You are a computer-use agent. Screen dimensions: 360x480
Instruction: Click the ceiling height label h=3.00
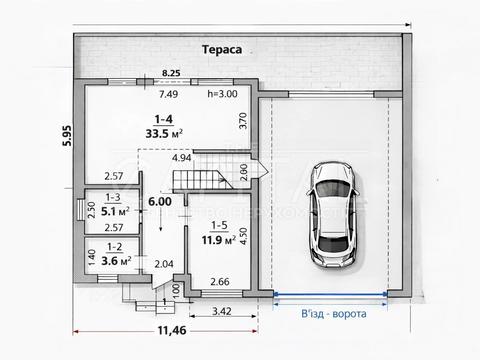[x=221, y=94]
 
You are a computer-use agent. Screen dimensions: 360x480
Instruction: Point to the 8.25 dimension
[x=172, y=73]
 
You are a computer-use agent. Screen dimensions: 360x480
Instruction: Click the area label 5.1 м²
[x=116, y=212]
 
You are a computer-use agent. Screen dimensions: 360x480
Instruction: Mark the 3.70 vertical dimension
[x=243, y=122]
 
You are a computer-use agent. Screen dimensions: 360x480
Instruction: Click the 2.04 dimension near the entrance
[x=163, y=264]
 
